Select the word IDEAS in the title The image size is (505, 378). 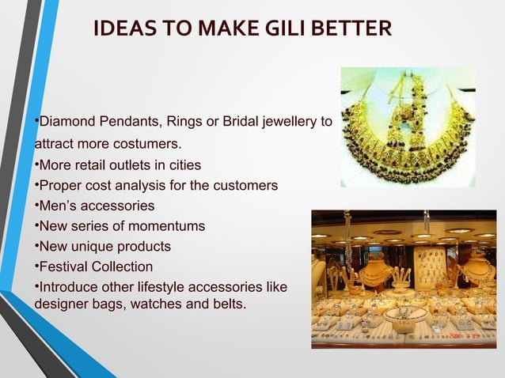point(121,30)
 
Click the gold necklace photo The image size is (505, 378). point(408,127)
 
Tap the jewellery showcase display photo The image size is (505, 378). point(403,278)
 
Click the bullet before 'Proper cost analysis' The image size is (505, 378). point(36,187)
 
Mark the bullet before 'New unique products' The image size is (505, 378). point(36,247)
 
